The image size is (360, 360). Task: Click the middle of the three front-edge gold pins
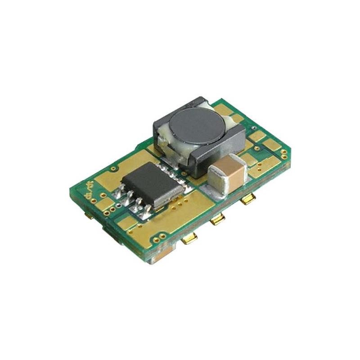[217, 219]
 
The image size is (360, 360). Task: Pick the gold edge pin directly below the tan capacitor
[247, 199]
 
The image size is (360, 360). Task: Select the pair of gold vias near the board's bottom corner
[169, 239]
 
